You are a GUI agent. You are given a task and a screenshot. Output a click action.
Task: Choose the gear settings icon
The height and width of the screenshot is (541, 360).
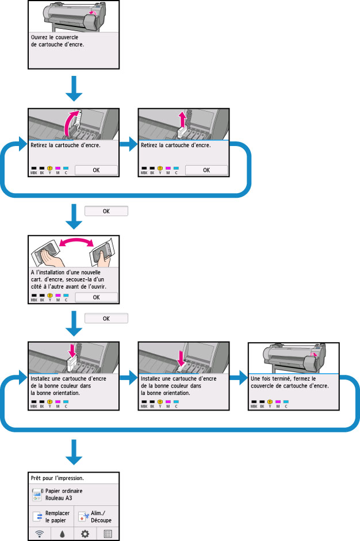click(x=85, y=534)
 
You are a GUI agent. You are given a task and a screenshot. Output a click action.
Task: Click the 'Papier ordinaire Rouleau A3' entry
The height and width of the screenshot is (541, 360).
click(x=62, y=495)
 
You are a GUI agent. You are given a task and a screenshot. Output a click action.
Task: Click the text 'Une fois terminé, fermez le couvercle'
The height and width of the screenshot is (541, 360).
click(x=291, y=382)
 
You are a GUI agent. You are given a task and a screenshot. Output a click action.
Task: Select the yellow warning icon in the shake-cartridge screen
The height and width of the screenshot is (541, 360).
click(x=50, y=296)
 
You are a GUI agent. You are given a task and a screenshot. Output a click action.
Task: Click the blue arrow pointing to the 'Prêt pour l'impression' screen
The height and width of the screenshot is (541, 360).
click(x=74, y=452)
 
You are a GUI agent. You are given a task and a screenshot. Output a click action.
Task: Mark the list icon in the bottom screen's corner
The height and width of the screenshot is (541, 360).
click(x=108, y=534)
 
